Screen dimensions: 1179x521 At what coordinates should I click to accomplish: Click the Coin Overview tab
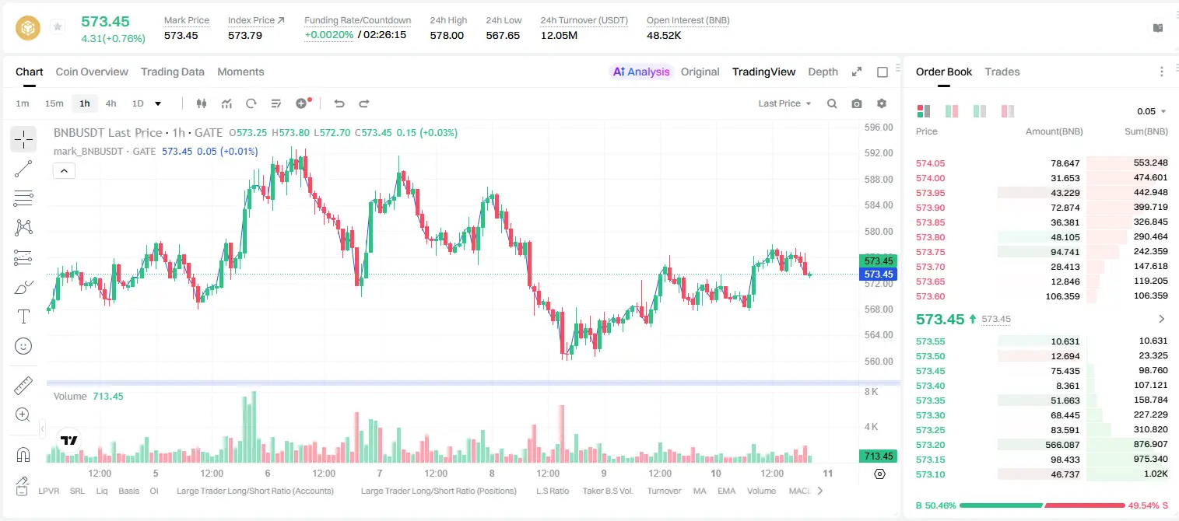click(x=92, y=72)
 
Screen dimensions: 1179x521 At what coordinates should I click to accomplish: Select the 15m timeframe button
click(x=54, y=103)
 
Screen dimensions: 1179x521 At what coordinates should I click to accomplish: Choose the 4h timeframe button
click(x=111, y=103)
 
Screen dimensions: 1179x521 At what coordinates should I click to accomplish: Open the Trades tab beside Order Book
click(x=1002, y=72)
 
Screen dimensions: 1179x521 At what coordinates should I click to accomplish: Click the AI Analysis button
click(x=641, y=72)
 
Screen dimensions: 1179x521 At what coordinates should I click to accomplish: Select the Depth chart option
click(x=823, y=72)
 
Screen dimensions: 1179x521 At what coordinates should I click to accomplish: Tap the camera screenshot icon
click(x=857, y=103)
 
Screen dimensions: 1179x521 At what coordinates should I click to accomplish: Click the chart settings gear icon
click(x=882, y=103)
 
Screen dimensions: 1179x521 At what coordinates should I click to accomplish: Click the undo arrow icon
click(x=339, y=103)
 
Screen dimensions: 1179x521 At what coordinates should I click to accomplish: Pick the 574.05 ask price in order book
click(x=930, y=163)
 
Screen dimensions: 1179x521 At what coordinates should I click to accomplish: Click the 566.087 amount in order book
click(x=1062, y=445)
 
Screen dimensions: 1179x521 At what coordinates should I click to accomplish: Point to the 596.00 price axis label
click(x=879, y=128)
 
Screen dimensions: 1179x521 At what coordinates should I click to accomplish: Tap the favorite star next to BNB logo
click(x=58, y=26)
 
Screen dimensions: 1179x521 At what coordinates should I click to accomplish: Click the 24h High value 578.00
click(x=447, y=35)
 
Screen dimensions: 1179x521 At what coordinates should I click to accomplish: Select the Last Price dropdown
click(x=784, y=103)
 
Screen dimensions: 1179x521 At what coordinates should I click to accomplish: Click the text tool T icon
click(x=23, y=316)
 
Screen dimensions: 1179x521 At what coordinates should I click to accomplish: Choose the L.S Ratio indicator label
click(x=552, y=491)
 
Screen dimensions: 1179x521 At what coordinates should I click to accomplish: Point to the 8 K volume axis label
click(x=871, y=392)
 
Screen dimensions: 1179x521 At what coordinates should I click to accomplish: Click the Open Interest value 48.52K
click(x=664, y=35)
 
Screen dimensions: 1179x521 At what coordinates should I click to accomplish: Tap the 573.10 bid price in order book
click(x=930, y=474)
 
